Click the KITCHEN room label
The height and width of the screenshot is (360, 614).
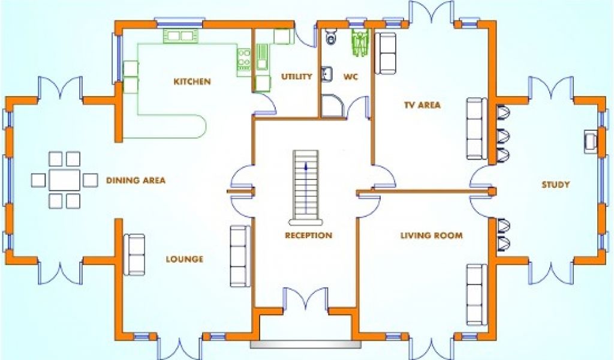coord(192,82)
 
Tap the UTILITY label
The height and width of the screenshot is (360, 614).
coord(296,76)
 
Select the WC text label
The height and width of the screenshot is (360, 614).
coord(351,76)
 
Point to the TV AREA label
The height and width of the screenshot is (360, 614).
coord(422,105)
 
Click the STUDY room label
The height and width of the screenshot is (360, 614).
coord(555,185)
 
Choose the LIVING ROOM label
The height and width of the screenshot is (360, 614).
coord(431,236)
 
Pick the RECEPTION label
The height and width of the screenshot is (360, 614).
coord(308,236)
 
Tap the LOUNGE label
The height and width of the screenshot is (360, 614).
coord(184,259)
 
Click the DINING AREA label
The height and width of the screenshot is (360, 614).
coord(136,180)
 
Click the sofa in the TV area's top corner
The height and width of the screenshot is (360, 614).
coord(386,53)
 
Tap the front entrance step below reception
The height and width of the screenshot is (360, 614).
coord(306,344)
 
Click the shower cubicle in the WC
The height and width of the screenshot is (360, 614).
coord(331,106)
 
